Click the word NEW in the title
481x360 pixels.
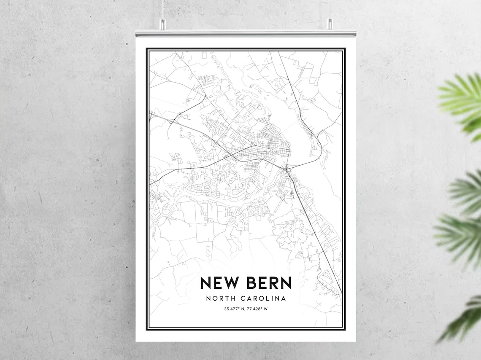pyautogui.click(x=219, y=282)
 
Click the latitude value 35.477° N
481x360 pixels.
pyautogui.click(x=234, y=309)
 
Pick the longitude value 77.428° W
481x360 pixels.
pyautogui.click(x=257, y=309)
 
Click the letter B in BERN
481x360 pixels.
pyautogui.click(x=252, y=282)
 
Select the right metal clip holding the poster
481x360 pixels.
pyautogui.click(x=330, y=24)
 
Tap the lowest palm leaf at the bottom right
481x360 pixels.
pyautogui.click(x=464, y=320)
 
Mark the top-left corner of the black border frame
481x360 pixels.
pyautogui.click(x=147, y=49)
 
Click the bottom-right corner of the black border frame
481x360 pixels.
pyautogui.click(x=345, y=329)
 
